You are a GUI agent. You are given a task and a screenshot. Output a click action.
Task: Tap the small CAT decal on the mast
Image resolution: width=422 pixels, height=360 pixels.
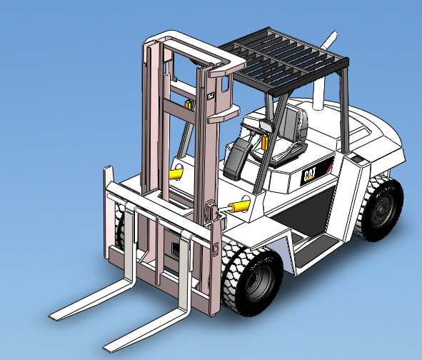coord(211,94)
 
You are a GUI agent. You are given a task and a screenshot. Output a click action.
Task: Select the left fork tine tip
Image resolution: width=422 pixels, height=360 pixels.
coord(54,315)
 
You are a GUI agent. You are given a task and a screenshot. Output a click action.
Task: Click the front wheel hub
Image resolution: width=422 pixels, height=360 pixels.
coord(256,283)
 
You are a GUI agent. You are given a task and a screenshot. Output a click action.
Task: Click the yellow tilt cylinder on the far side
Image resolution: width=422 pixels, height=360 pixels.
coord(174,172)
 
